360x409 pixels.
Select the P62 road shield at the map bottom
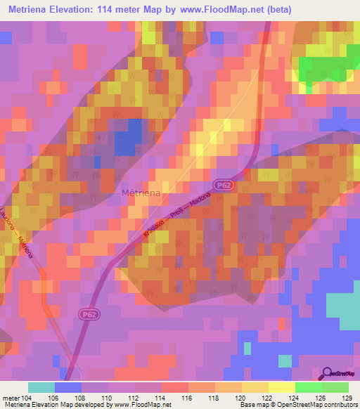point(87,315)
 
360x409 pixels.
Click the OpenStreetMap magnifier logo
point(328,373)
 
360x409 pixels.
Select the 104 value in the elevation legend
point(26,397)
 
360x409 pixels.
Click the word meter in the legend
point(10,397)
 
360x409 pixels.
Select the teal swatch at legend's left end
point(41,387)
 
